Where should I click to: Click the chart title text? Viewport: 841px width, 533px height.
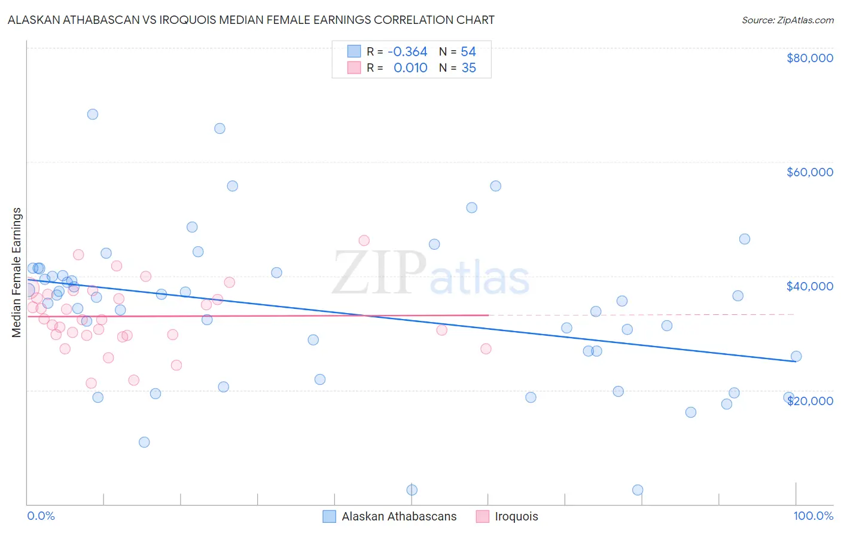point(251,20)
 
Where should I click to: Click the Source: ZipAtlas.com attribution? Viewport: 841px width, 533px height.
point(787,20)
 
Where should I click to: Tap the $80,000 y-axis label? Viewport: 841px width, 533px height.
point(809,58)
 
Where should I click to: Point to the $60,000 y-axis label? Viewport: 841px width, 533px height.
point(809,172)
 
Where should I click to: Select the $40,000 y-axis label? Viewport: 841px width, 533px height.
point(809,286)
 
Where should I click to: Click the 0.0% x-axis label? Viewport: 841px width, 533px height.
point(41,516)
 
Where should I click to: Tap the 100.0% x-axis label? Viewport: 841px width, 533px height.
point(813,516)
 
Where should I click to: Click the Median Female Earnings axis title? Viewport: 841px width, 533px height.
point(17,272)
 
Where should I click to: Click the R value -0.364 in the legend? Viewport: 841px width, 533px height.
point(407,51)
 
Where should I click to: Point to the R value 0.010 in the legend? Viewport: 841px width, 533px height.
point(410,68)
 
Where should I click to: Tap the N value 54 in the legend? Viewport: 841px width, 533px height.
point(468,51)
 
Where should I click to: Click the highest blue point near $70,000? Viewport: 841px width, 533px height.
point(93,114)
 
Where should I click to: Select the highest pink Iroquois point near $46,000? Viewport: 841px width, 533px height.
point(364,240)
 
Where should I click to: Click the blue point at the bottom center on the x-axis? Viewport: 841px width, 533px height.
point(412,490)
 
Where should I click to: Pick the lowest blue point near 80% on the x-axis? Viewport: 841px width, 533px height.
point(638,490)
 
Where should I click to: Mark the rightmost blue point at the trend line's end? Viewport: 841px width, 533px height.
point(796,356)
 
